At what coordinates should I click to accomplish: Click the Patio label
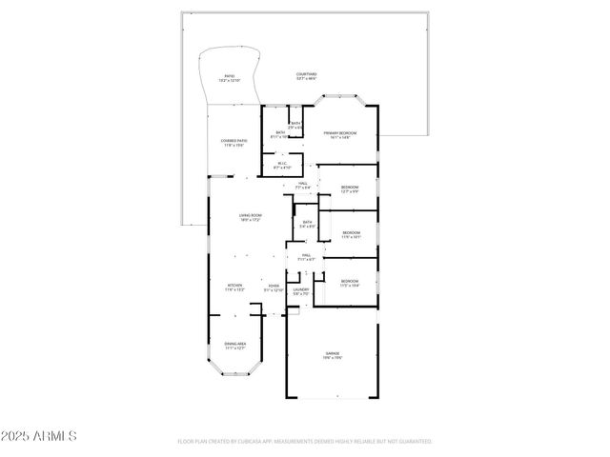(x=230, y=77)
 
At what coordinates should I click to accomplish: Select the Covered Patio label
(x=234, y=143)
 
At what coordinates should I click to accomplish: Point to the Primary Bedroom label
(x=339, y=134)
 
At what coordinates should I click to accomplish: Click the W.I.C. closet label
(x=282, y=165)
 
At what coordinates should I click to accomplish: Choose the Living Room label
(x=251, y=218)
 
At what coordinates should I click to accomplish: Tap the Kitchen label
(x=234, y=288)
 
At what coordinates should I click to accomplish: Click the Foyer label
(x=273, y=288)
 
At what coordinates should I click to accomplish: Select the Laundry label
(x=300, y=290)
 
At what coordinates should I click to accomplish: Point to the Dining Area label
(x=234, y=346)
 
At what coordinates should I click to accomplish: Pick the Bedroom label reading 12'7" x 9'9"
(x=350, y=189)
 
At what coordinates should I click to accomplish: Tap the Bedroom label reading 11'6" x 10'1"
(x=351, y=234)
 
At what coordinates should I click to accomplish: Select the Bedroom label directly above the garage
(x=350, y=283)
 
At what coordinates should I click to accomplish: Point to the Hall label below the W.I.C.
(x=302, y=185)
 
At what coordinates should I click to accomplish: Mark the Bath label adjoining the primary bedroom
(x=280, y=134)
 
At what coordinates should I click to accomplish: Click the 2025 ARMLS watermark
(x=39, y=436)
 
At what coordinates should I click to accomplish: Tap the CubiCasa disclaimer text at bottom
(x=304, y=442)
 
